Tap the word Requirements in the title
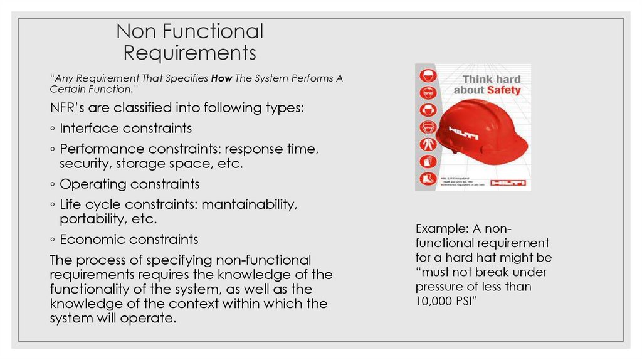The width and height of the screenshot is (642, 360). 189,53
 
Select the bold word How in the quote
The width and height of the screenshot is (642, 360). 221,78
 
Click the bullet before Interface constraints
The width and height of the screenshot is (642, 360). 53,129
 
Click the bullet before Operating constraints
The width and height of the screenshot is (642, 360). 53,184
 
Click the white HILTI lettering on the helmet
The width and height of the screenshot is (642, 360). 463,133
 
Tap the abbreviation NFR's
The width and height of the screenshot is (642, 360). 71,107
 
